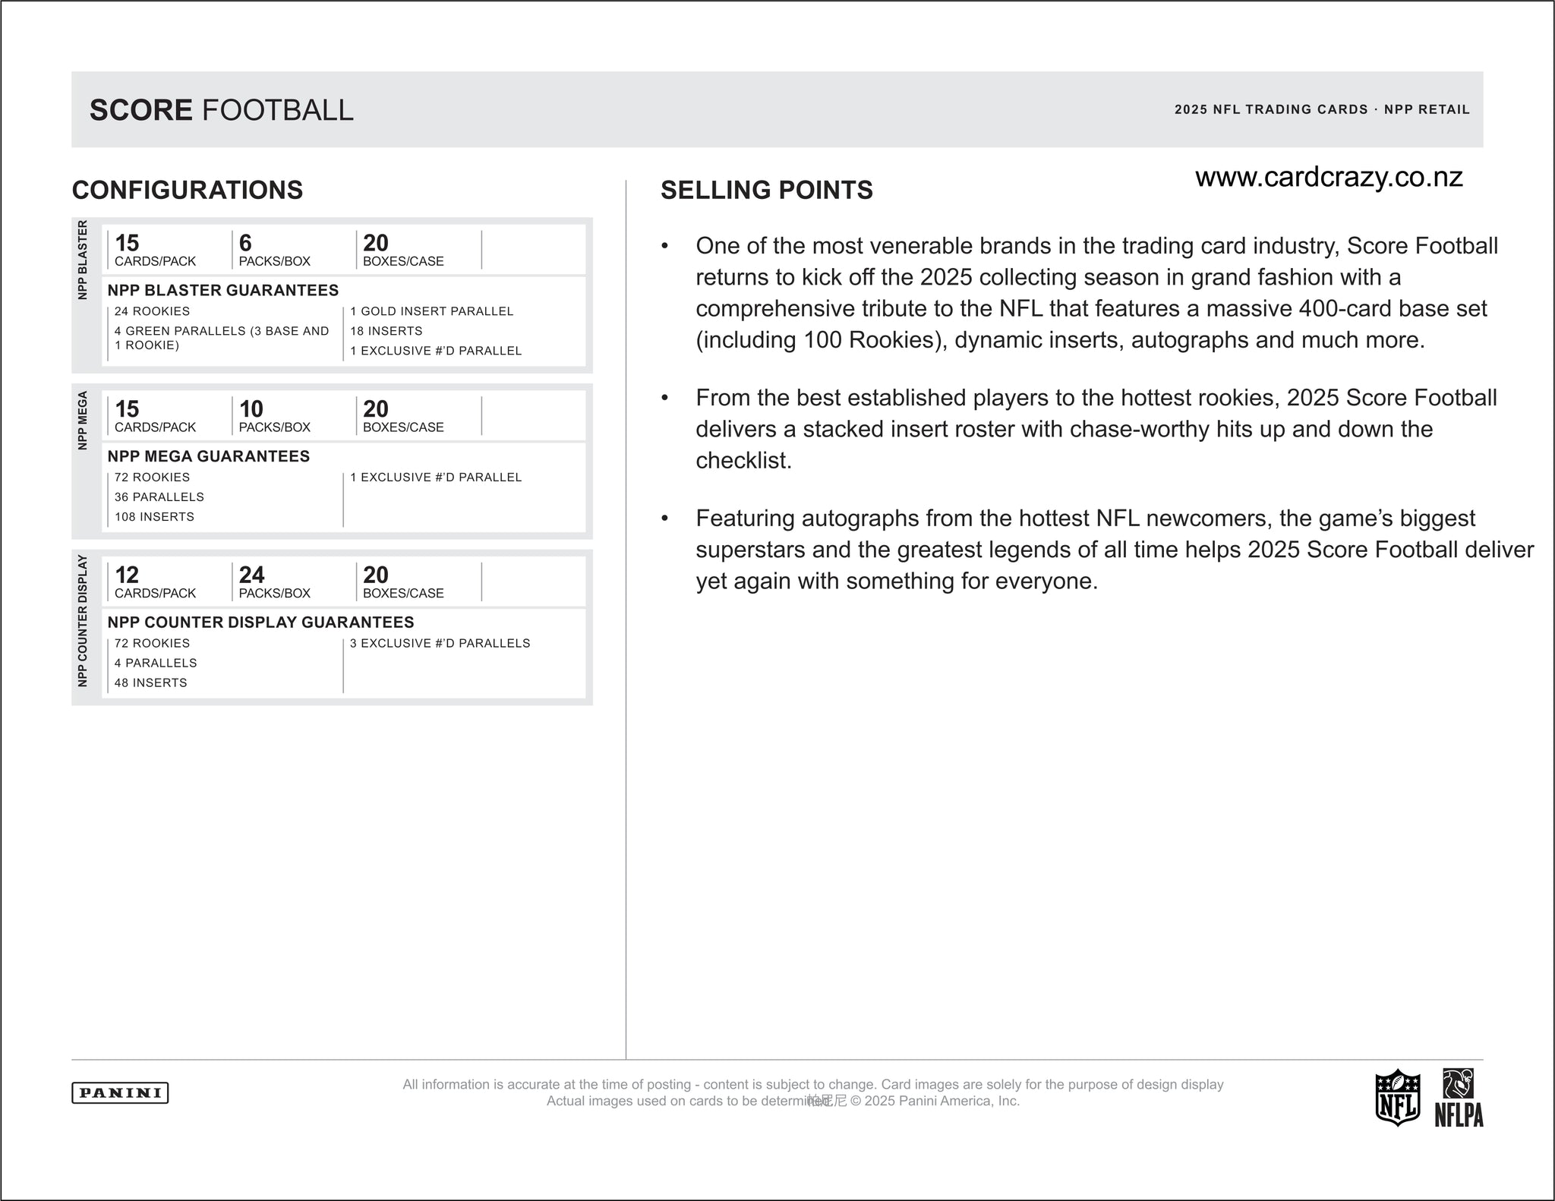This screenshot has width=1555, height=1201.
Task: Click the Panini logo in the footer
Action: (120, 1092)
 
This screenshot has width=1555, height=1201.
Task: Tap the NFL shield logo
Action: (1397, 1097)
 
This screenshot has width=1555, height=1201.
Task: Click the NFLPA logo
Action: (1459, 1098)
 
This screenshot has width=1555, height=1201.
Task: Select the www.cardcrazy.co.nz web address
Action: (1329, 178)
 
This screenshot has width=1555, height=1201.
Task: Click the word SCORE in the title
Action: (141, 110)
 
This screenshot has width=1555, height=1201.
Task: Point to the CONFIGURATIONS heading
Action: (188, 190)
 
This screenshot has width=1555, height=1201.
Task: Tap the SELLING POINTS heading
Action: (767, 190)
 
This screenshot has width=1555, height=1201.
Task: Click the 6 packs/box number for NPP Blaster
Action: (245, 243)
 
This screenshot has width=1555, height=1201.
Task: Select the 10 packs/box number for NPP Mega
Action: (251, 409)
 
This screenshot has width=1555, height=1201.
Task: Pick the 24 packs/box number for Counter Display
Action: (251, 575)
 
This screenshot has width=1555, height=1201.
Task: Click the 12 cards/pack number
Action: (127, 575)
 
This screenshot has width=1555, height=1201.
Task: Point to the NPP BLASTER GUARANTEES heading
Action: (223, 290)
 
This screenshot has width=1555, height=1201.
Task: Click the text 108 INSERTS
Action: (154, 517)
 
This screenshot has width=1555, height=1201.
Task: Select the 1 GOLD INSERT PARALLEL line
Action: (431, 311)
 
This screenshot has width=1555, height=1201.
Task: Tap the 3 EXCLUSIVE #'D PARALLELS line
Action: (440, 643)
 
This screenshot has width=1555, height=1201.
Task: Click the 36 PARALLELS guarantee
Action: (159, 497)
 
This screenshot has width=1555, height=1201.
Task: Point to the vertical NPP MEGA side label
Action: (83, 420)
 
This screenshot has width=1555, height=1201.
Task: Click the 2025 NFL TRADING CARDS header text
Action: (1271, 109)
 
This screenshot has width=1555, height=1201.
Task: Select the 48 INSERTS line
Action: (151, 682)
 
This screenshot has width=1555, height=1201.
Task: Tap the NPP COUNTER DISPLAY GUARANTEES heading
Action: (260, 623)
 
